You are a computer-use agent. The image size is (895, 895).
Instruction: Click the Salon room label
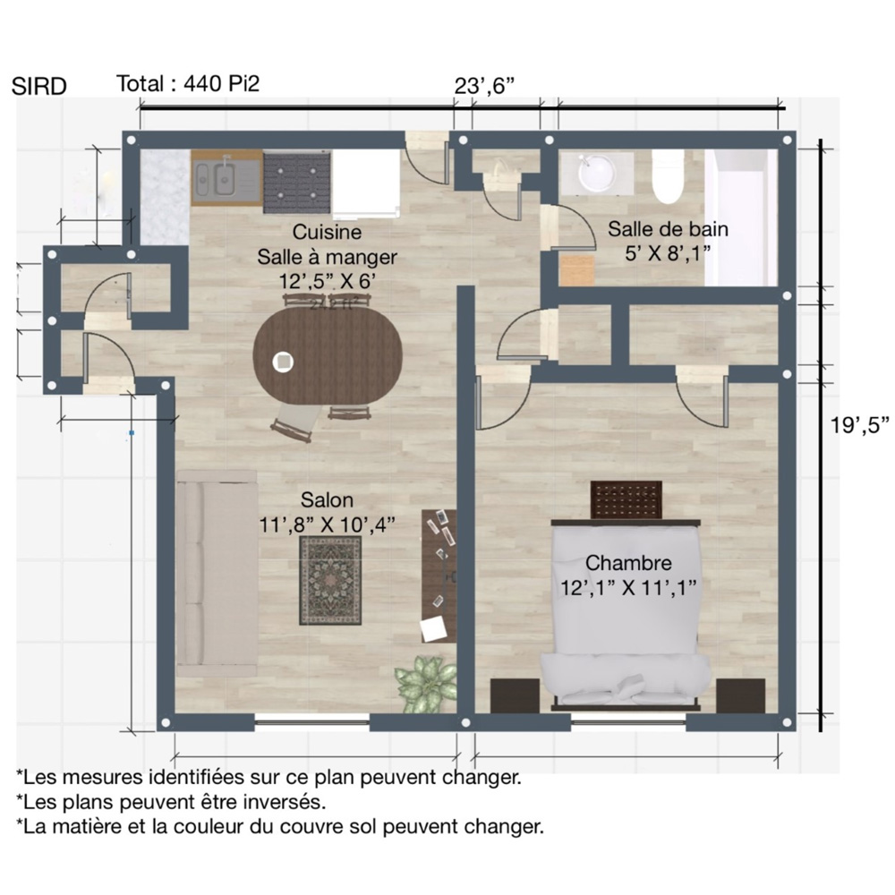tap(327, 500)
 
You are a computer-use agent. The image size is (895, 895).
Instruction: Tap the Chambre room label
tap(628, 563)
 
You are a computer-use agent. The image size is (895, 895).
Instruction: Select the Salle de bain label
tap(668, 229)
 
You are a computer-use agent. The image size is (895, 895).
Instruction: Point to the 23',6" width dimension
tap(484, 86)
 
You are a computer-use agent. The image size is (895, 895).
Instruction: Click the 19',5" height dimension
tap(859, 424)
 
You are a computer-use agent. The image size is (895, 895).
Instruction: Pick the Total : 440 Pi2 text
tap(188, 84)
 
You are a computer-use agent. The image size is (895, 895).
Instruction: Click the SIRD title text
tap(38, 86)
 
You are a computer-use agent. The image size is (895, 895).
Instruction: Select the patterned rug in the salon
tap(330, 581)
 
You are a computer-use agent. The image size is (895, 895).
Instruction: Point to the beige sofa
tap(217, 574)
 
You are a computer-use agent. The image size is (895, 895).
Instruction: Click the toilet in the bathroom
tap(668, 176)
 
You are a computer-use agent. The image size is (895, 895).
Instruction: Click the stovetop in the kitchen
tap(297, 182)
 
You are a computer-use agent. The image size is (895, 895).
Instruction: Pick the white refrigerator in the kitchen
tap(366, 183)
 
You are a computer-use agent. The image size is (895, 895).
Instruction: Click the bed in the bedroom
tap(626, 615)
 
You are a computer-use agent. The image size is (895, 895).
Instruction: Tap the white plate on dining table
tap(283, 362)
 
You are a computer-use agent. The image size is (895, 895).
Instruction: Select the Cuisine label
tap(327, 232)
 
